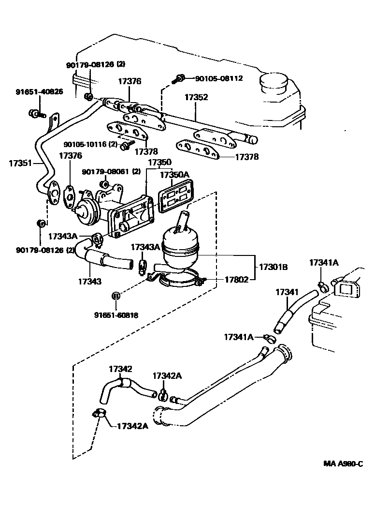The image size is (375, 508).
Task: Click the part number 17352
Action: point(196,97)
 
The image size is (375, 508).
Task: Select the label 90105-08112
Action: point(218,78)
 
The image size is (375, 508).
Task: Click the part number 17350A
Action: point(175,175)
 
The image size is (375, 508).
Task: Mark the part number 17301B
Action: point(274,267)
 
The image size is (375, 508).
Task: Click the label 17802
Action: point(236,279)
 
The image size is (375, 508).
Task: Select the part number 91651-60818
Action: point(116,315)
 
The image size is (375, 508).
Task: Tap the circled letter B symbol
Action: point(116,296)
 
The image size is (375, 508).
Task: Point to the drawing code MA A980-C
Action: point(343,463)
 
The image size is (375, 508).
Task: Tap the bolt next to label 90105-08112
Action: point(180,77)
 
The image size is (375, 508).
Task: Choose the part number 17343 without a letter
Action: point(90,281)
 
